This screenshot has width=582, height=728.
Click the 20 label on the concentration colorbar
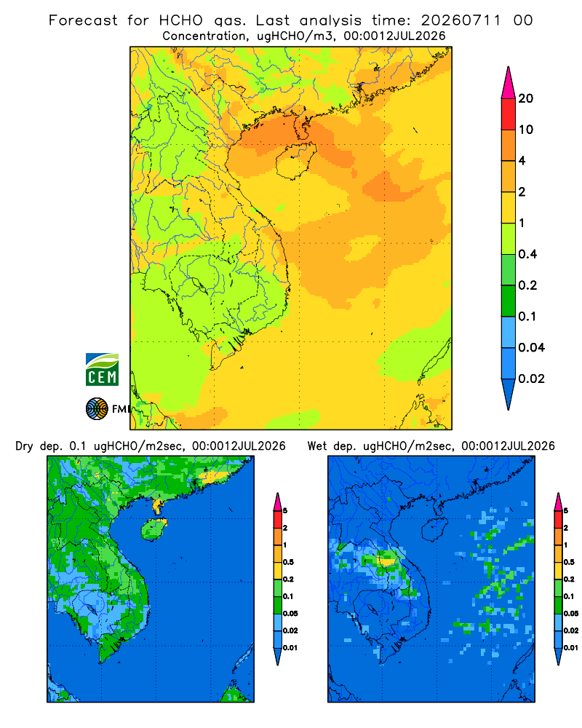tap(525, 98)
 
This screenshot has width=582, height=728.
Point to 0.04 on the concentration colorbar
tap(531, 347)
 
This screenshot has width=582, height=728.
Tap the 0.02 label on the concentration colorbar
tap(531, 379)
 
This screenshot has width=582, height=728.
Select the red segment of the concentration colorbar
tap(509, 114)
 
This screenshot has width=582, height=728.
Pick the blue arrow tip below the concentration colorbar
tap(509, 394)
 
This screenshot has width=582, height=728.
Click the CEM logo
tap(102, 369)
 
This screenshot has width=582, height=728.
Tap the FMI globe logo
tap(97, 408)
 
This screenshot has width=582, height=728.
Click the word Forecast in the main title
tap(83, 20)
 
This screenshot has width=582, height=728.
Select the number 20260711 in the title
tap(461, 20)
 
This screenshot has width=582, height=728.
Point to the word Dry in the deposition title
tap(25, 446)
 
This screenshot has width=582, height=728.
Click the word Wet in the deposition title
tap(318, 446)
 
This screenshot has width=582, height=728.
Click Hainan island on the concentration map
tap(295, 160)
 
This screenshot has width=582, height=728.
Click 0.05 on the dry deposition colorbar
tap(290, 613)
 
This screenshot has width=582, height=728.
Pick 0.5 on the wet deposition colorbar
tap(569, 562)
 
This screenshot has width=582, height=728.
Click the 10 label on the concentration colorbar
tap(525, 130)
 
